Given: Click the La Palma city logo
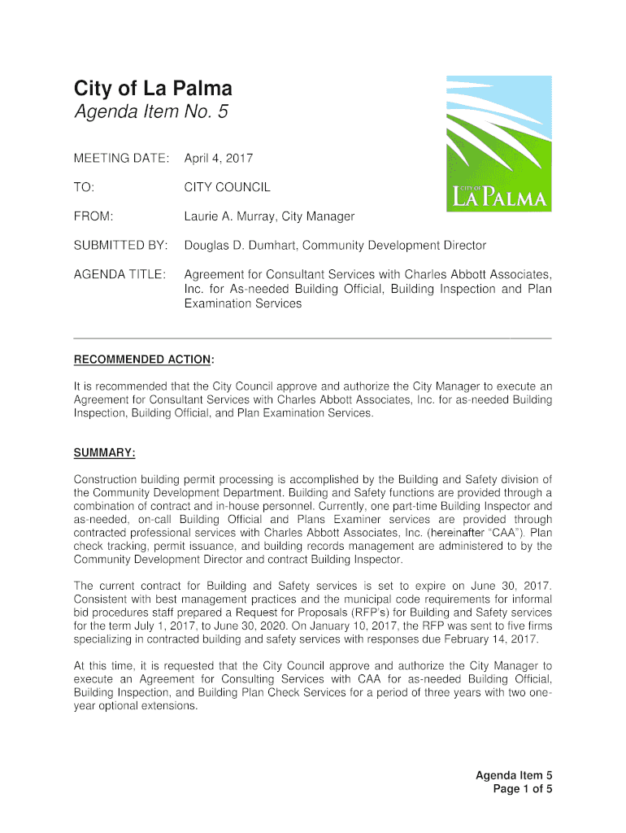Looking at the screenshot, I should click(498, 144).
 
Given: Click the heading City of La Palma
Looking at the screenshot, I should click(153, 88).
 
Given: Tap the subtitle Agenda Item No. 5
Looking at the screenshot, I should click(151, 112).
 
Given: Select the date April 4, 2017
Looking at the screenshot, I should click(219, 157).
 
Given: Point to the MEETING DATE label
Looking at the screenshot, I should click(122, 157).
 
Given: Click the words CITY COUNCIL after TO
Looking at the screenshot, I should click(227, 187).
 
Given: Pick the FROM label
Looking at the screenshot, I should click(93, 216).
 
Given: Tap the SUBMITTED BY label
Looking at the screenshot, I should click(121, 245).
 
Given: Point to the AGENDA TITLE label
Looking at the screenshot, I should click(120, 274).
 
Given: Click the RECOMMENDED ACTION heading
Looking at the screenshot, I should click(144, 360).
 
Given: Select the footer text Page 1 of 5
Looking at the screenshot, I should click(523, 789).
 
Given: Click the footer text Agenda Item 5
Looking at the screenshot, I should click(514, 775).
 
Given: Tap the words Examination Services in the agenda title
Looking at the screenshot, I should click(243, 303).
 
